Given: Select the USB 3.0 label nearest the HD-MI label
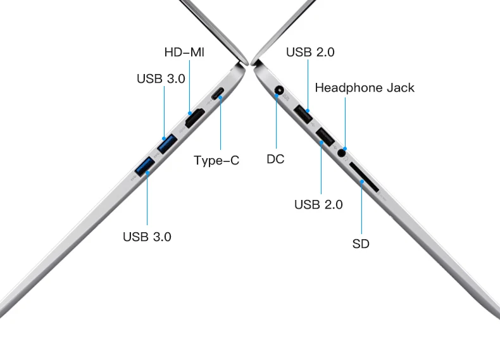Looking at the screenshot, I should click(x=161, y=78).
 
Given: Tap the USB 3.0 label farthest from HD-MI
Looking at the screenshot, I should click(x=147, y=237).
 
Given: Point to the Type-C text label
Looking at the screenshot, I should click(x=216, y=160).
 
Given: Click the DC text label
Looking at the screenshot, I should click(x=275, y=159).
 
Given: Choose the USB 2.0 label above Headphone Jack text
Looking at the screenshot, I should click(x=310, y=52).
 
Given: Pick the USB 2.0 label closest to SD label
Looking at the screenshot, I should click(x=318, y=204).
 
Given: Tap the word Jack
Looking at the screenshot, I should click(x=400, y=87).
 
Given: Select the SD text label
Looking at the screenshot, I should click(x=361, y=244).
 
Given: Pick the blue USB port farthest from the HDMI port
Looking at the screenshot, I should click(x=145, y=166).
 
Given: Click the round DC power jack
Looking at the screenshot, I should click(x=279, y=90).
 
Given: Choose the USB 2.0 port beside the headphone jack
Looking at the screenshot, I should click(x=325, y=136).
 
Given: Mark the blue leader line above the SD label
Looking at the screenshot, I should click(x=361, y=209).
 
